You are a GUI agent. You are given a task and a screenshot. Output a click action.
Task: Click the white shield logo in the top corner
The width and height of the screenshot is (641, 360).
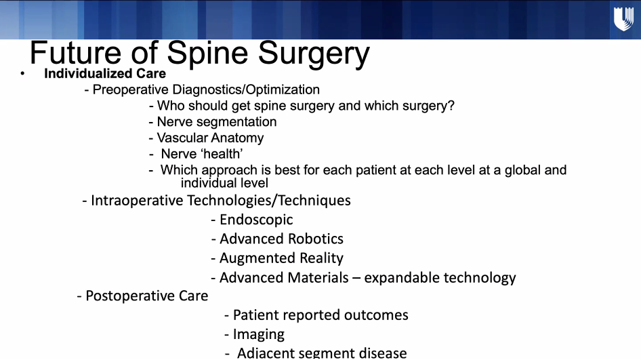point(624,19)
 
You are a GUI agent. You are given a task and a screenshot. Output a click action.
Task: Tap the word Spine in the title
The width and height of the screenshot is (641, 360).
point(207,54)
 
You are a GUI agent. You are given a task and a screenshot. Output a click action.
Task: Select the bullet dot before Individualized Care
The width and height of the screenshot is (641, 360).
point(22,74)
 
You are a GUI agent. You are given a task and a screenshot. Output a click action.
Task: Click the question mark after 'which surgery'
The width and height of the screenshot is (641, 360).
point(451,106)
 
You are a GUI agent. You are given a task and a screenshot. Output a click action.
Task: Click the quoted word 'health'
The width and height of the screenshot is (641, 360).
point(222,154)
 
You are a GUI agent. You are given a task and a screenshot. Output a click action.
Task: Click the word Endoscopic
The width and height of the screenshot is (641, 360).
point(256,220)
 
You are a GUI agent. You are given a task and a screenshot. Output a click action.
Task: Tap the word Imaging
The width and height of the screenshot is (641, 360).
point(259,335)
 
